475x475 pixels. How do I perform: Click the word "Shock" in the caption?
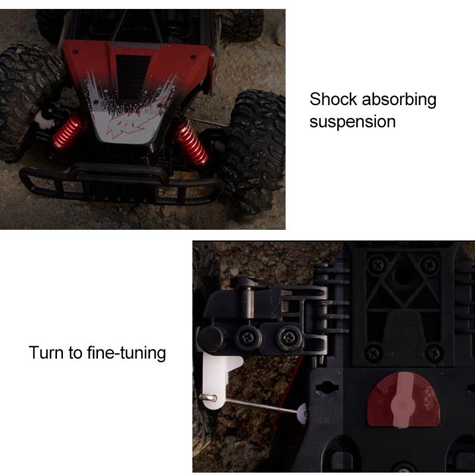click(x=334, y=99)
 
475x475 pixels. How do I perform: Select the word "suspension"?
click(x=352, y=122)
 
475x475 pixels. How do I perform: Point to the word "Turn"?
click(x=46, y=353)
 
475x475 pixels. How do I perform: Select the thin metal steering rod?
click(x=261, y=405)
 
